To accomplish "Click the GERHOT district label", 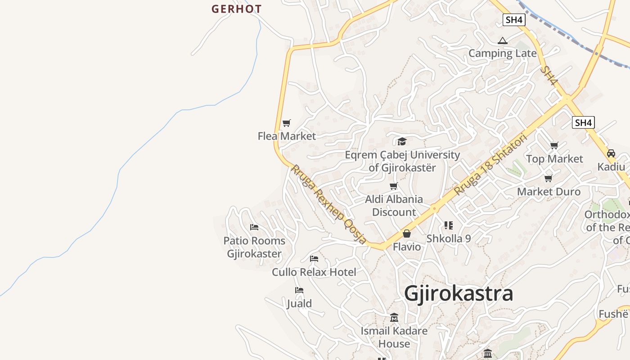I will click(236, 9).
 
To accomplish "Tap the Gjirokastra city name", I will click(459, 293).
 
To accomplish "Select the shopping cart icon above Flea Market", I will click(287, 123).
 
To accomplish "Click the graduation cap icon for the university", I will click(402, 141).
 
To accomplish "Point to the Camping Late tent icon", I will click(503, 41).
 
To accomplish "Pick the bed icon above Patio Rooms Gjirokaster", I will click(254, 227).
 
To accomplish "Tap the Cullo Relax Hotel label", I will click(314, 272).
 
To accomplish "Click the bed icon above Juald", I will click(299, 290).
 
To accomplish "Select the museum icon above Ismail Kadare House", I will click(394, 318).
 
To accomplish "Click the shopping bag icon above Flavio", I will click(406, 234).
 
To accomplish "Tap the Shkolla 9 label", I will click(449, 238).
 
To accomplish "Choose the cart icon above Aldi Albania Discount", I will click(394, 186).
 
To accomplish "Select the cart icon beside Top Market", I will click(554, 146).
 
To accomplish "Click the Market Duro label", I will click(549, 192).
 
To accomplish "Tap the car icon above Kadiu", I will click(611, 153).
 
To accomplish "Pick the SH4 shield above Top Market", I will click(583, 122).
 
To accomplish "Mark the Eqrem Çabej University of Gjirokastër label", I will click(402, 162).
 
